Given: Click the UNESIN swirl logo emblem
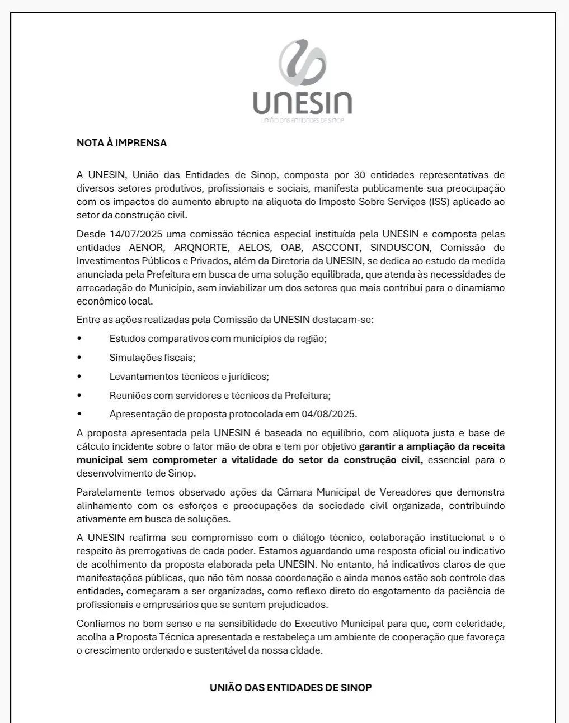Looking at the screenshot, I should pyautogui.click(x=302, y=65).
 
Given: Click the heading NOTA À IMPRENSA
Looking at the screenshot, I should pyautogui.click(x=121, y=143).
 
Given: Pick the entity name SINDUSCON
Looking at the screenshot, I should pyautogui.click(x=400, y=248).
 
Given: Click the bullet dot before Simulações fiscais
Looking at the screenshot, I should pyautogui.click(x=79, y=358).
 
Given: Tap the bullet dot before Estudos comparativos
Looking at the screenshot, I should pyautogui.click(x=79, y=339).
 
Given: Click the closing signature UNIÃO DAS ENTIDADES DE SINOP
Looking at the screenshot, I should pyautogui.click(x=290, y=688).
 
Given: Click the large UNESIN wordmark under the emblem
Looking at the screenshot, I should pyautogui.click(x=302, y=103).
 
